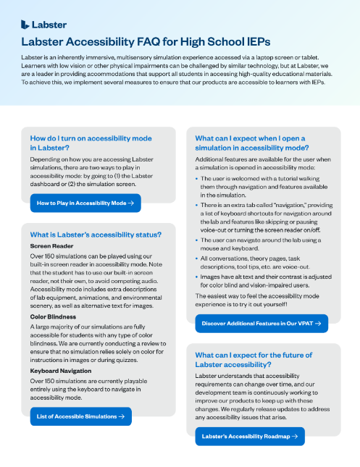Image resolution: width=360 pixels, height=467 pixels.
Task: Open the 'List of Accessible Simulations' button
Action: point(80,416)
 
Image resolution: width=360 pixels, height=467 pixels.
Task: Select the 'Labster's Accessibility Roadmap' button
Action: point(250,437)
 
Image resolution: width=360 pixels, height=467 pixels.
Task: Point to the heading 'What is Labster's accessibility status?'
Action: point(96,234)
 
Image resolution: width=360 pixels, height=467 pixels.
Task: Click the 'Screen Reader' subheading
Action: point(51,246)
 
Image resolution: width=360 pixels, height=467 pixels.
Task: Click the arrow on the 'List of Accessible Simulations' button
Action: point(121,416)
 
